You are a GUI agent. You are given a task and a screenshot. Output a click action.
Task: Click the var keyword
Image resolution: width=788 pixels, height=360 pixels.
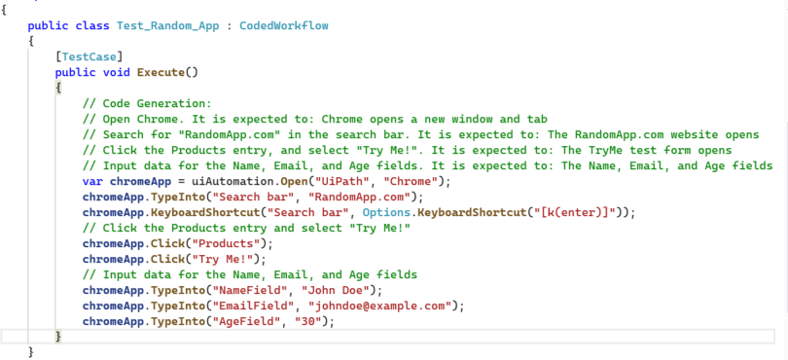point(93,181)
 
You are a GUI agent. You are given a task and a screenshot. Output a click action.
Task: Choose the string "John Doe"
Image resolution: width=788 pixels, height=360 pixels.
point(320,289)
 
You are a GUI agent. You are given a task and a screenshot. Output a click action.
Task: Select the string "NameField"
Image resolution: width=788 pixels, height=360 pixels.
point(225,289)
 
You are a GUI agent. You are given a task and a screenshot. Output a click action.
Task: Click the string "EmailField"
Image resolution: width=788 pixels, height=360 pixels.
point(228,305)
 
